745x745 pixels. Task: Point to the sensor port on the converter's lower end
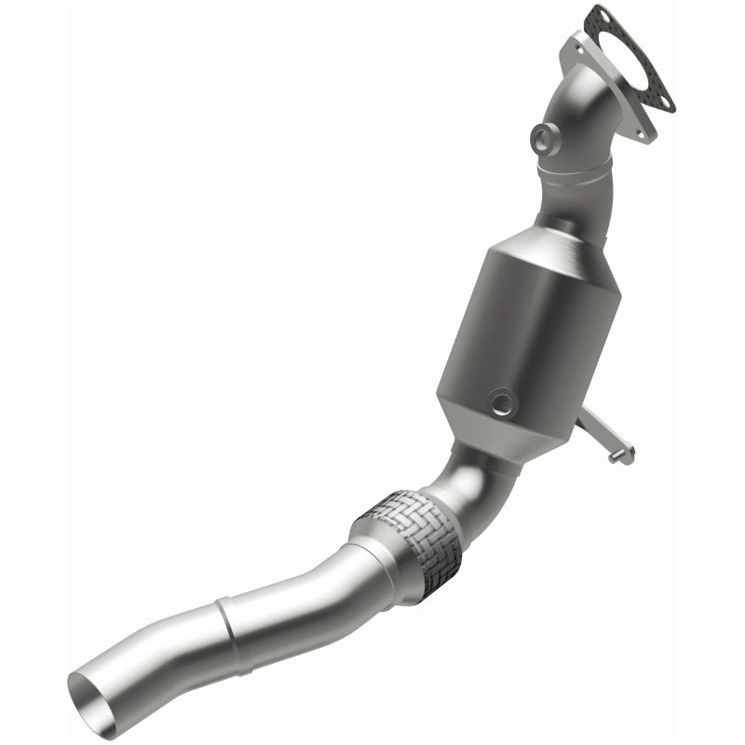pos(503,402)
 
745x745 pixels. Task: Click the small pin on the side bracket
pos(616,456)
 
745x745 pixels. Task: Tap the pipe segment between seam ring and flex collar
pos(289,591)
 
